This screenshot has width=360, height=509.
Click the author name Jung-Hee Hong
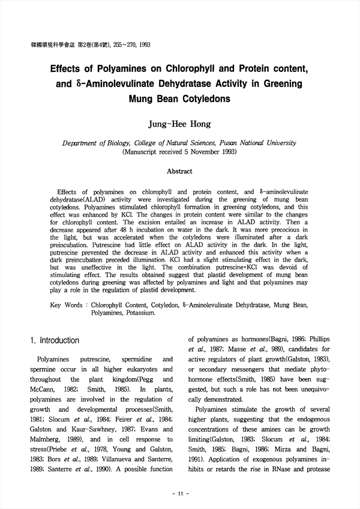[x=180, y=125]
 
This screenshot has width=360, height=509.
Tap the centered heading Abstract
[x=179, y=171]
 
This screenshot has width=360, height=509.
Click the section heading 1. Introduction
[x=55, y=341]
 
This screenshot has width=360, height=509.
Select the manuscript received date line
[x=179, y=152]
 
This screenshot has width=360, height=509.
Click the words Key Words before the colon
[x=66, y=305]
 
